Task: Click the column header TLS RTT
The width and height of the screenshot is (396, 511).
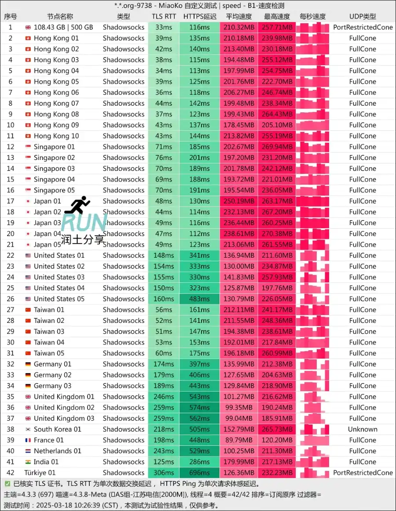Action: (x=164, y=16)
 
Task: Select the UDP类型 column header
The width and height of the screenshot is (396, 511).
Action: (x=363, y=16)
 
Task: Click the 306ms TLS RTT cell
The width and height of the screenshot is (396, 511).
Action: (x=164, y=473)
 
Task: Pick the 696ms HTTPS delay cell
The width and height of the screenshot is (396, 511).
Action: (x=199, y=473)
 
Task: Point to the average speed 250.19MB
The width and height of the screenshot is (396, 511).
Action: (x=239, y=201)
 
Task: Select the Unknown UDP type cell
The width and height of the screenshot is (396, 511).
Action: (x=363, y=429)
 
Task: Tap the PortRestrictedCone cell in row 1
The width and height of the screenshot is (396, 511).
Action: (x=363, y=27)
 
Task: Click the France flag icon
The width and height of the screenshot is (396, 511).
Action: (x=28, y=440)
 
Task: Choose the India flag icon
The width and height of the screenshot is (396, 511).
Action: (x=28, y=462)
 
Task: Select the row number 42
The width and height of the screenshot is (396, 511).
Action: (x=11, y=473)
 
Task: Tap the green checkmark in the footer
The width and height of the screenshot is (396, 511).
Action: (x=7, y=484)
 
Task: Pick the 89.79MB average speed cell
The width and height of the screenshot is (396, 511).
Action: (x=239, y=440)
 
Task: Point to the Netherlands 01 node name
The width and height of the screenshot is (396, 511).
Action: (x=57, y=451)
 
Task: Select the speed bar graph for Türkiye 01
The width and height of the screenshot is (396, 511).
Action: (x=312, y=473)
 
